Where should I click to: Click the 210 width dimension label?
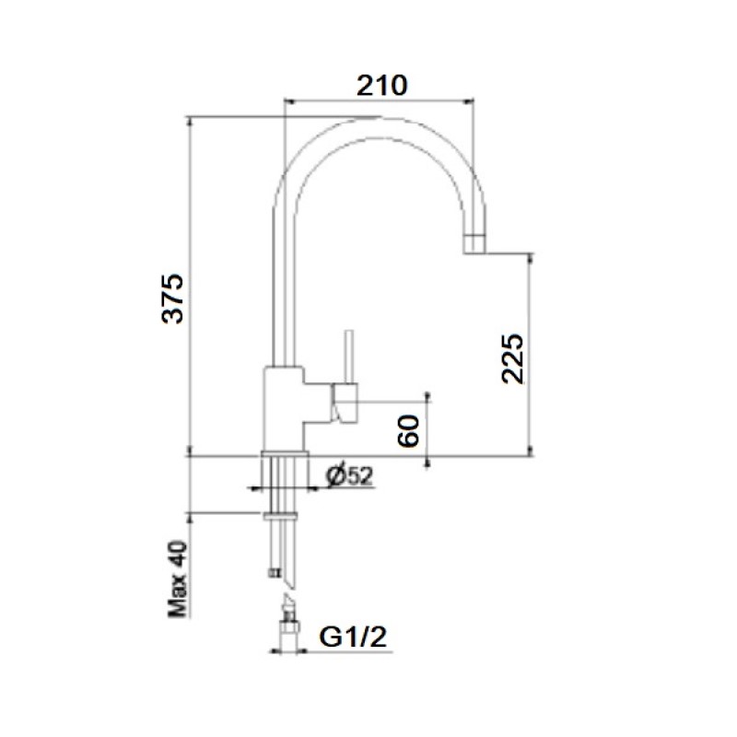tap(381, 86)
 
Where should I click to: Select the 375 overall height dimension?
tap(172, 298)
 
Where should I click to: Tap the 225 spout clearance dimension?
tap(512, 358)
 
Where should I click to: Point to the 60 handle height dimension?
tap(408, 430)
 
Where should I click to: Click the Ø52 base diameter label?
tap(350, 476)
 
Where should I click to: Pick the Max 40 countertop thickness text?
tap(178, 579)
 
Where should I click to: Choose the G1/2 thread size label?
tap(353, 637)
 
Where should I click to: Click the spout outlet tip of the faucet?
tap(474, 244)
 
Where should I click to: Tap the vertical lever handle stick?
tap(348, 357)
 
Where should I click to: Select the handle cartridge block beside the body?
tap(345, 402)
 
